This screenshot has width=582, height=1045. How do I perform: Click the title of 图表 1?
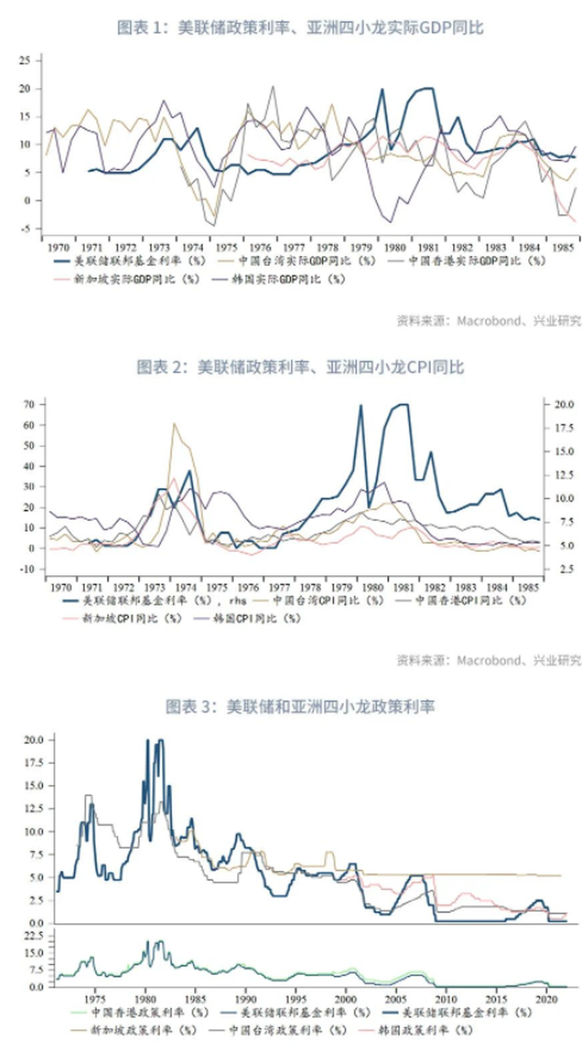pos(300,28)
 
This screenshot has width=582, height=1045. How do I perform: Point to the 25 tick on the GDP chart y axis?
pos(24,60)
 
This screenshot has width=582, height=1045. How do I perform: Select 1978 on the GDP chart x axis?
pos(327,248)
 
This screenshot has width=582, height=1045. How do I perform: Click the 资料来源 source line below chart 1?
pos(489,320)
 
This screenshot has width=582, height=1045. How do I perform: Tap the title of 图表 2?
pos(300,367)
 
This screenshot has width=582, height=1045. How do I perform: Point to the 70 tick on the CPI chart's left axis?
pos(29,404)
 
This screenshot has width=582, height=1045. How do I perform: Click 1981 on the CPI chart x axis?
pos(404,588)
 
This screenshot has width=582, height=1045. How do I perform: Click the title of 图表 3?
pos(300,706)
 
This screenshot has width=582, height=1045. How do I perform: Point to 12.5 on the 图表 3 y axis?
pos(33,808)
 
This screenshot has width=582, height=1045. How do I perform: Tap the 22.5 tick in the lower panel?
pos(33,936)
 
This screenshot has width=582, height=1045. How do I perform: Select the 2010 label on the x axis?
pos(446,999)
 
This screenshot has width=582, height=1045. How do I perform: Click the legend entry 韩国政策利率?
pos(424,1030)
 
